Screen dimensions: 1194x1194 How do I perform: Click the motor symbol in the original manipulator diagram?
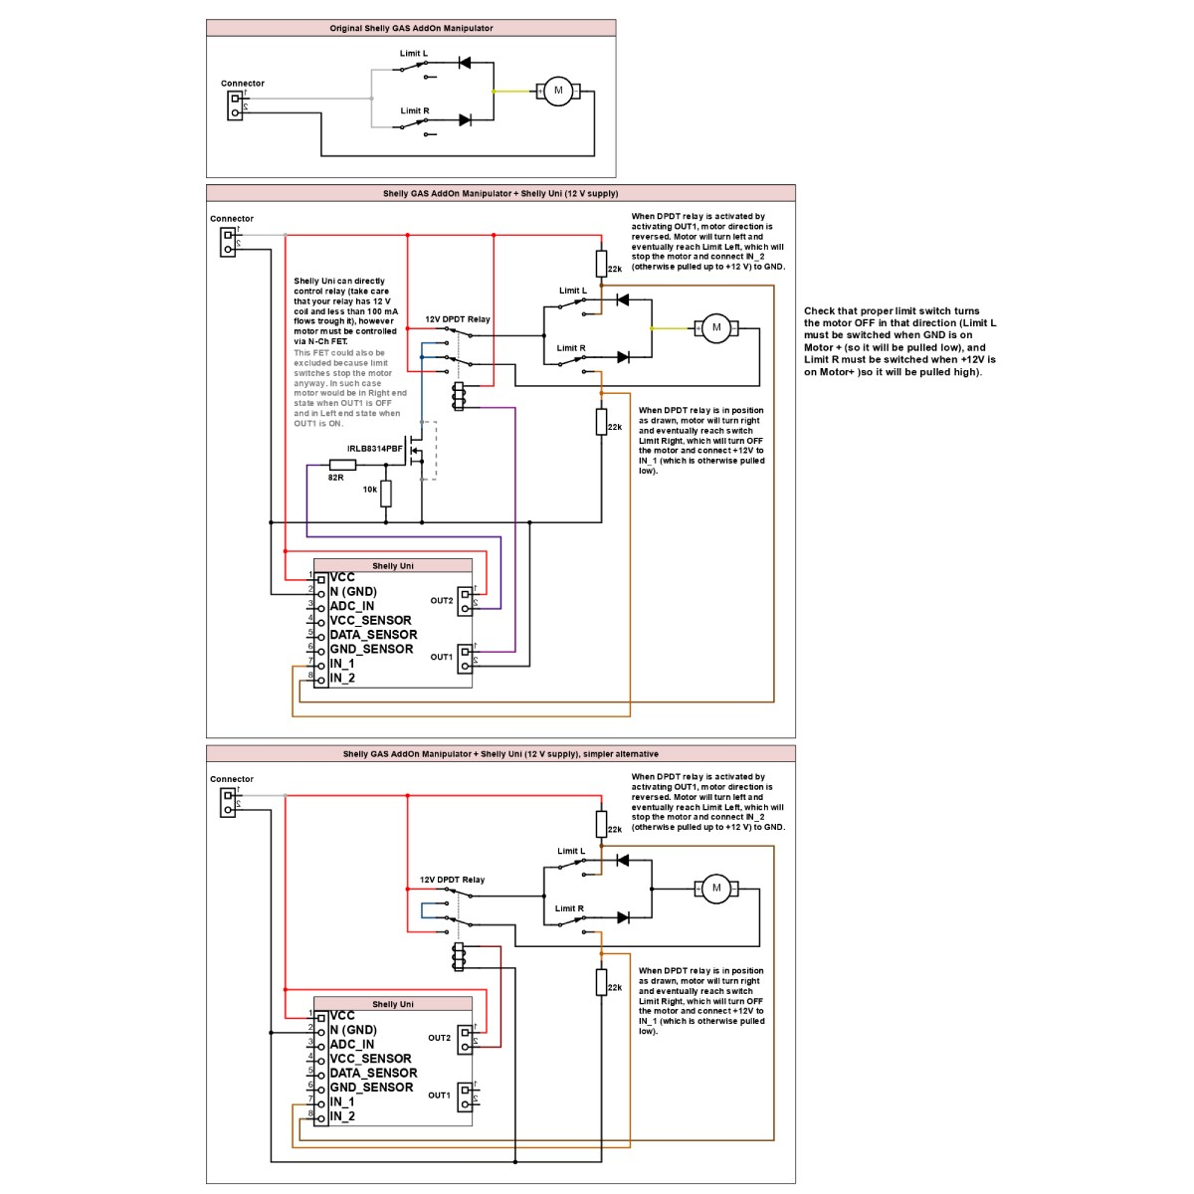(557, 92)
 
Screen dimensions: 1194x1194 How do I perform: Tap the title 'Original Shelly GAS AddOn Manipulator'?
(411, 28)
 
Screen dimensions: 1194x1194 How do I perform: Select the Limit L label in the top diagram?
(413, 54)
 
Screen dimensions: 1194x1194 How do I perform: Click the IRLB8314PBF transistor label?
(374, 448)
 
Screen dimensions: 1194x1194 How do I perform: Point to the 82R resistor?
(342, 465)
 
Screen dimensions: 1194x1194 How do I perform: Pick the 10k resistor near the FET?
(385, 494)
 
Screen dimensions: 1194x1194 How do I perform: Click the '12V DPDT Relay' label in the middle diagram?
(458, 319)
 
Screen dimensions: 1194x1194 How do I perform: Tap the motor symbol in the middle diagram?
(716, 328)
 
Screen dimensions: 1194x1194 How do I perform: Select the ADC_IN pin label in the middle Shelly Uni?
(351, 606)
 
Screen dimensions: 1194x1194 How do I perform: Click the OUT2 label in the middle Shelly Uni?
(441, 600)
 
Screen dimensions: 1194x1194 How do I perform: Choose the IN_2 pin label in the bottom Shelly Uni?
(342, 1116)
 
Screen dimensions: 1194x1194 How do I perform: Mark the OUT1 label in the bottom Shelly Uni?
(440, 1094)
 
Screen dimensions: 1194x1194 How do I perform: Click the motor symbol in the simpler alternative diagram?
(716, 889)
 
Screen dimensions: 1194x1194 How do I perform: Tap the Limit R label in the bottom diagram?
(569, 908)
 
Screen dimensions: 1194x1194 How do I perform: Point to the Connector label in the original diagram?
(242, 83)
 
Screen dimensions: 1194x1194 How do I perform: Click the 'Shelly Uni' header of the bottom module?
(393, 1004)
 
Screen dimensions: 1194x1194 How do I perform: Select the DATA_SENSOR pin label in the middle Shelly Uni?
(373, 635)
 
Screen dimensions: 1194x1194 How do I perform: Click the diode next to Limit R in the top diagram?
(465, 120)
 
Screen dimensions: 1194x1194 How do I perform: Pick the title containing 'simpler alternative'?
(500, 754)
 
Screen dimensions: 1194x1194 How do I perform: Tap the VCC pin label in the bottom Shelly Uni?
(342, 1016)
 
